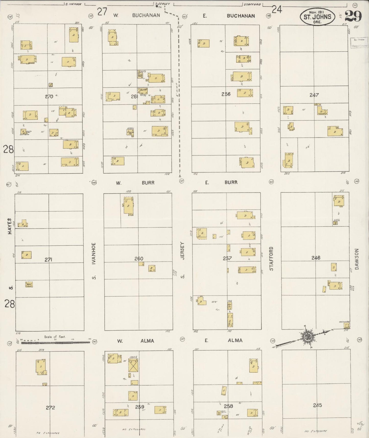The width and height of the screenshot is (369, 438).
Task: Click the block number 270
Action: pos(49,97)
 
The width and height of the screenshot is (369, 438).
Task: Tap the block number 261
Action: pos(134,97)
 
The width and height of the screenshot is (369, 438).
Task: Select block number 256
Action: pos(226,94)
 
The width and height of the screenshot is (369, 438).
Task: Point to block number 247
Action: pos(314,95)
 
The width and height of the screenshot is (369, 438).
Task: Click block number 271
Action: pos(49,260)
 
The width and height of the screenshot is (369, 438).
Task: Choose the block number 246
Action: pos(316,258)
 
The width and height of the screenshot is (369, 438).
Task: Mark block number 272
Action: pos(50,407)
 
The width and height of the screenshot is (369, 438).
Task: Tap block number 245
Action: pos(317,405)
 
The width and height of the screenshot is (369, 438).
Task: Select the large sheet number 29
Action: pos(354,16)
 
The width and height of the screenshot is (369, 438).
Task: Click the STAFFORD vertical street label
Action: pos(271,259)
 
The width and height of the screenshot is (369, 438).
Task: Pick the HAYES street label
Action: pos(10,226)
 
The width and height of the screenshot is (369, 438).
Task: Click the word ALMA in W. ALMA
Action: pos(147,341)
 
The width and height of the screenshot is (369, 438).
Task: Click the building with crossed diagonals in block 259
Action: pos(133,366)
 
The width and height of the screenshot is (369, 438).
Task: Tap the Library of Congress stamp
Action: pos(359,43)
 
